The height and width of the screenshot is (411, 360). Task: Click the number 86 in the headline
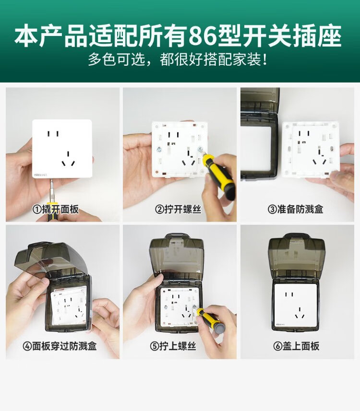click(203, 35)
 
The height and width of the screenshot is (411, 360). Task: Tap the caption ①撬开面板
click(55, 209)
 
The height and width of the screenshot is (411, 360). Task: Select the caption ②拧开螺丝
click(178, 209)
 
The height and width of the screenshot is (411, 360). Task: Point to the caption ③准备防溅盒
click(295, 209)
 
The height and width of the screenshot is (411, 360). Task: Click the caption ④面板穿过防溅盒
click(60, 346)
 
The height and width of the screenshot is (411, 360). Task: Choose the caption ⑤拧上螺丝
click(173, 346)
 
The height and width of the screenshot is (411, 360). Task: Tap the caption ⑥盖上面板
click(296, 346)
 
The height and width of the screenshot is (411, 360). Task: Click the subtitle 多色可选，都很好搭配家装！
click(178, 59)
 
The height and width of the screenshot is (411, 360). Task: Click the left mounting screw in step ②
click(159, 150)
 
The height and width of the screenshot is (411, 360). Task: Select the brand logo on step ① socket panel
click(40, 174)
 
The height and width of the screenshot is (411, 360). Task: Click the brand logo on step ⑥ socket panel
click(280, 325)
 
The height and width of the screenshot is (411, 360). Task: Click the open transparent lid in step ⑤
click(177, 256)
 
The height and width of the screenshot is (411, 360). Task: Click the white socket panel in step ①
click(62, 149)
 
